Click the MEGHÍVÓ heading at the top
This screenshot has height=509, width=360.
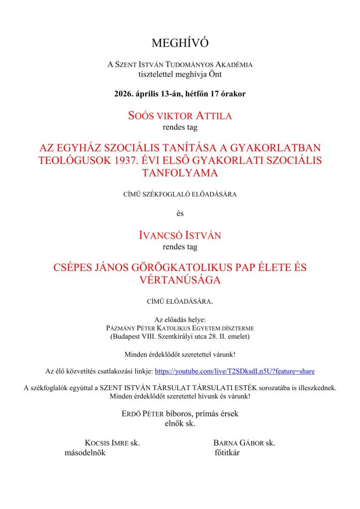pyautogui.click(x=180, y=43)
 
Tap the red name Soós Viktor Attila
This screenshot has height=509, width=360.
pyautogui.click(x=180, y=116)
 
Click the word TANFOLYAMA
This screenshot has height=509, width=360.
pyautogui.click(x=180, y=173)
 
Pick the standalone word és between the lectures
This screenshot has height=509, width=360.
pyautogui.click(x=180, y=214)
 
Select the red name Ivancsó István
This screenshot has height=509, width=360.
pyautogui.click(x=180, y=235)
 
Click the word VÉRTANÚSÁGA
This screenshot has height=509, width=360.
pyautogui.click(x=180, y=280)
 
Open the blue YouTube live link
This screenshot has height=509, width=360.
pyautogui.click(x=235, y=371)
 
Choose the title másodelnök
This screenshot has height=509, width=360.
pyautogui.click(x=85, y=453)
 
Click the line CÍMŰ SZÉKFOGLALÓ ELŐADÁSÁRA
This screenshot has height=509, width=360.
pyautogui.click(x=180, y=194)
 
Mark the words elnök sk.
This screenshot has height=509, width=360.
pyautogui.click(x=180, y=424)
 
